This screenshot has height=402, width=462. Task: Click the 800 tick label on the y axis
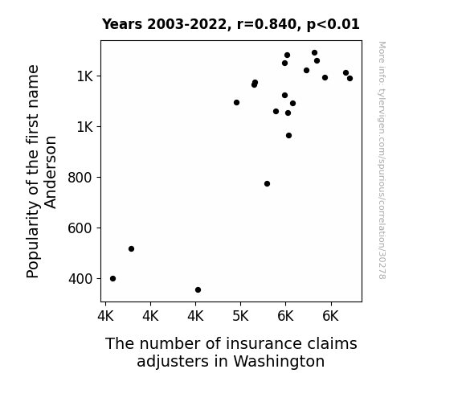click(80, 178)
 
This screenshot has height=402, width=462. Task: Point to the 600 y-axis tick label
click(80, 228)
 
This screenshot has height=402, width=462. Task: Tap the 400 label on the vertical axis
click(80, 279)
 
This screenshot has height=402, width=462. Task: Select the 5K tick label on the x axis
click(240, 317)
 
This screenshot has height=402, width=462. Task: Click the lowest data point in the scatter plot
click(198, 290)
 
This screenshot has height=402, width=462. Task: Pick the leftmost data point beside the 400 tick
click(112, 278)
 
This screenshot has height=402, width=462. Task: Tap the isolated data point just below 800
click(268, 184)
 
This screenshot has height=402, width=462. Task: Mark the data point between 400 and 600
click(132, 249)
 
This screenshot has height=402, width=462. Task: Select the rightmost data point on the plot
click(350, 79)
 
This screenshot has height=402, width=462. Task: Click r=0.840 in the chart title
click(267, 24)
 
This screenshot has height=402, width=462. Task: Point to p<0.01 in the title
click(333, 24)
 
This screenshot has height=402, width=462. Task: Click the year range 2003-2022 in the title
click(186, 24)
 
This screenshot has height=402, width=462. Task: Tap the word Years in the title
click(122, 24)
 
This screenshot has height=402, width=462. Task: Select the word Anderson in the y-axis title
click(51, 172)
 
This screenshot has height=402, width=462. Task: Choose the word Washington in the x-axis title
click(279, 361)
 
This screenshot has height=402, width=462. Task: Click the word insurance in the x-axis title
click(264, 343)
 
